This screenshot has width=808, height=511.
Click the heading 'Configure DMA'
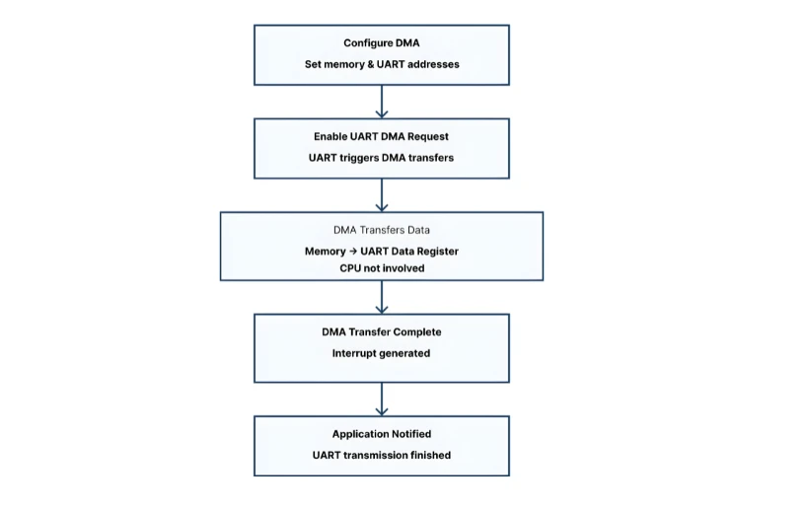coord(381,42)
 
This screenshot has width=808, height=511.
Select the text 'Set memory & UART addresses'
coord(381,64)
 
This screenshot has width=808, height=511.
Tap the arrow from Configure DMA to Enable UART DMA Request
coord(382,102)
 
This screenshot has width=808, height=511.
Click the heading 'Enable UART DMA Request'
coord(381,136)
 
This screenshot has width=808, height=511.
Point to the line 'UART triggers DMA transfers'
coord(381,158)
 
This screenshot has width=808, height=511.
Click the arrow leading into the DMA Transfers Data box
coord(382,195)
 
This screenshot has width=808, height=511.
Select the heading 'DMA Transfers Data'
coord(381,230)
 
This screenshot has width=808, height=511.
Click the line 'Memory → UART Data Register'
coord(381,252)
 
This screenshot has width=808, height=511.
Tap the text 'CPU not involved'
coord(381,267)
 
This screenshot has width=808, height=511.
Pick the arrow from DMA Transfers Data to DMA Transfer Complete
coord(382,297)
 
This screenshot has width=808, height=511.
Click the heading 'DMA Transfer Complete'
coord(381,331)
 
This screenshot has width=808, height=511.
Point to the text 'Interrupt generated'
coord(381,353)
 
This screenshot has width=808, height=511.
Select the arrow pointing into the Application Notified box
coord(382,399)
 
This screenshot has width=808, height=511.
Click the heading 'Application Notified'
coord(381,434)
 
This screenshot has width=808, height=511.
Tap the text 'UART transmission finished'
coord(381,455)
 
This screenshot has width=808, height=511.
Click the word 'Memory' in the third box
coord(326,252)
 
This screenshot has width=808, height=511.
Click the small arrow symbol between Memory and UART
coord(353,252)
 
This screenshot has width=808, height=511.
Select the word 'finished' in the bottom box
coord(429,455)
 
